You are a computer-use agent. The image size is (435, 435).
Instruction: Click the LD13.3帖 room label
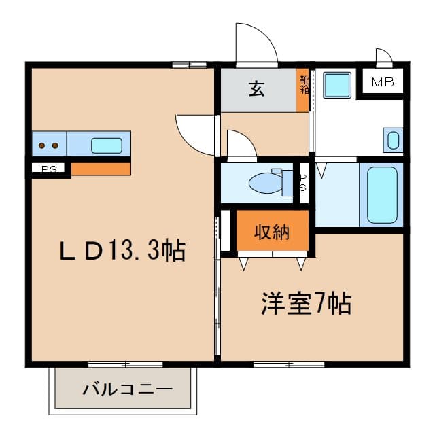(122, 251)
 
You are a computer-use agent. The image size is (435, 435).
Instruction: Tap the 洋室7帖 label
(306, 304)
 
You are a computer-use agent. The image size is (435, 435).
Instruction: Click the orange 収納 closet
(272, 232)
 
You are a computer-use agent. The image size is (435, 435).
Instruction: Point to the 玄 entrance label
(257, 89)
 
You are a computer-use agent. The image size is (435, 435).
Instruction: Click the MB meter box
(382, 83)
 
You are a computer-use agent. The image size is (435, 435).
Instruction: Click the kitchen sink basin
(107, 145)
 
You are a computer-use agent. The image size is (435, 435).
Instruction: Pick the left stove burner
(42, 145)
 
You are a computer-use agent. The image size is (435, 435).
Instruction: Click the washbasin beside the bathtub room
(393, 140)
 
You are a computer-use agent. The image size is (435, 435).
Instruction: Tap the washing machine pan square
(336, 85)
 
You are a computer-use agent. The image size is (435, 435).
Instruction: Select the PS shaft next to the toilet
(304, 182)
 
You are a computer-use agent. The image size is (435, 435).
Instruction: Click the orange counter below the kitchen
(101, 169)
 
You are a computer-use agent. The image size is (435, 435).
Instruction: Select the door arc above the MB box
(383, 56)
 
